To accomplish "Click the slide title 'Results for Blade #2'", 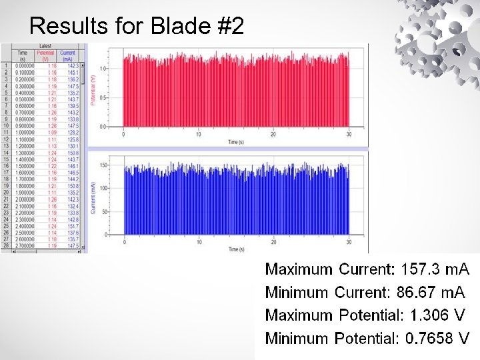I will [137, 26].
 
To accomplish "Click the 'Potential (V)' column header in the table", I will [45, 55].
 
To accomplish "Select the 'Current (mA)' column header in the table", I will [67, 55].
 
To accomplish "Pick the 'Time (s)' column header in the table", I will [23, 55].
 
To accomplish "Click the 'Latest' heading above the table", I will [45, 46].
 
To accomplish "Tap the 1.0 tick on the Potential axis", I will [103, 69].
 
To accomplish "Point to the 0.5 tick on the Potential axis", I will [103, 98].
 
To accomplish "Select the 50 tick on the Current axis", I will [103, 211].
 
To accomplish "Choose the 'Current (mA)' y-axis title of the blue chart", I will [93, 198].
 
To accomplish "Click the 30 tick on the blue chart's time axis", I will [349, 241].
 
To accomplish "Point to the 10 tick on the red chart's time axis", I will [198, 134].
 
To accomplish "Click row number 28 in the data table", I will [5, 246].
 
